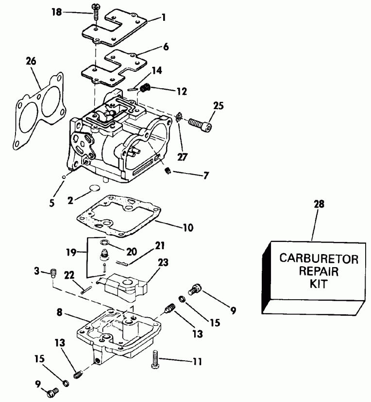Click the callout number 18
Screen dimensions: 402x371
click(x=57, y=12)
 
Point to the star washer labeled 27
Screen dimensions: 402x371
click(x=178, y=118)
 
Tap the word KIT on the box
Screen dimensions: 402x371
click(x=318, y=283)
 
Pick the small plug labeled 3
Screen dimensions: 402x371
click(x=53, y=273)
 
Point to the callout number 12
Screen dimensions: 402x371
click(x=182, y=91)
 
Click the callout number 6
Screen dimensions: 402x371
click(x=166, y=48)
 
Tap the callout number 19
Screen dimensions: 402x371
click(x=71, y=252)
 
